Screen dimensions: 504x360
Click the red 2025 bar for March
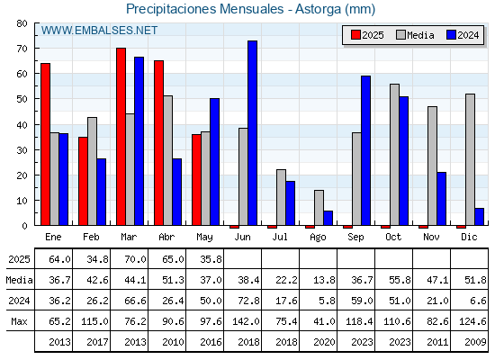121,137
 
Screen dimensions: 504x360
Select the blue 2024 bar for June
252,133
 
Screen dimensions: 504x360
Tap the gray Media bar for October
395,155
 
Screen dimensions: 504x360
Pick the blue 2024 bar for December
479,217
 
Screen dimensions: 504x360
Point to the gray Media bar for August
319,208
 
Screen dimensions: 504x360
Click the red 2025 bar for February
83,181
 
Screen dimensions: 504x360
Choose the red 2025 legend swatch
355,35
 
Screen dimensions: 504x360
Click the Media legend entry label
420,35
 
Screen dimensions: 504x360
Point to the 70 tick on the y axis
22,49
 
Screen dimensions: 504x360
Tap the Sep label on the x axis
355,237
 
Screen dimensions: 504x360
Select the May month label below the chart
204,238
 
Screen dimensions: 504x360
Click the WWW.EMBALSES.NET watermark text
99,31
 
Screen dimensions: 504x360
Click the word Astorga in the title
318,9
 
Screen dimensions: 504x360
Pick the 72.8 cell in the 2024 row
248,301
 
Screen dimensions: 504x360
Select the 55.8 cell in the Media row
400,280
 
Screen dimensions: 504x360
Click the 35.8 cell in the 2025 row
211,259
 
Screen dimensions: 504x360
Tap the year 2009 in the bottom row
475,342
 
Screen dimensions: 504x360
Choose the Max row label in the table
19,321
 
